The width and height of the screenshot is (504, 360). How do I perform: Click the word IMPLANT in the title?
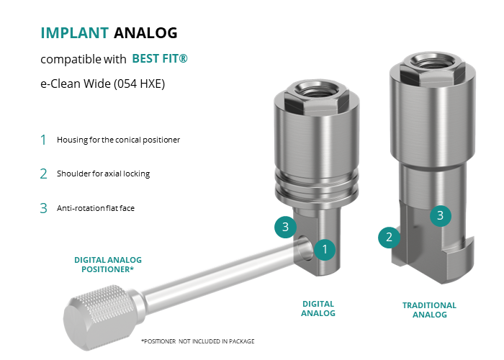tap(75, 33)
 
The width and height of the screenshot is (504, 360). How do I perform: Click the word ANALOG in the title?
tap(145, 33)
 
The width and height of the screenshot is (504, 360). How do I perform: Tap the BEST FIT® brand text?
tap(160, 58)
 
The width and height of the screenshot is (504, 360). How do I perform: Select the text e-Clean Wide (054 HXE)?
tap(102, 84)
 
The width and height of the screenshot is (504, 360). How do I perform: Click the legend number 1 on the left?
tap(43, 140)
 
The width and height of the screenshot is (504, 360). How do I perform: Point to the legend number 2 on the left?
tap(43, 174)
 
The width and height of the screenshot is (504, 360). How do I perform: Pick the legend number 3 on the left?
tap(43, 208)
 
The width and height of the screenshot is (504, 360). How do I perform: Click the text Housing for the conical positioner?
tap(118, 140)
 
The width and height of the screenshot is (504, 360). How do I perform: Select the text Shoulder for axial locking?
tap(103, 174)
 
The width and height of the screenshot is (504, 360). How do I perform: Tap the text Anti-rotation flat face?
tap(96, 208)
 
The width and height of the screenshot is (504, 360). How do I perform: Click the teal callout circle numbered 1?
tap(325, 249)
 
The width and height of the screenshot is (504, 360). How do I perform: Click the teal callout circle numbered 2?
tap(389, 237)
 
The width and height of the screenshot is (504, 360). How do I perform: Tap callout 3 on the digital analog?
tap(285, 227)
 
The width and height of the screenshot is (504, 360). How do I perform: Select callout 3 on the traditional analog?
tap(441, 215)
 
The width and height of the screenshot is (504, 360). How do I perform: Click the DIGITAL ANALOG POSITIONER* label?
tap(108, 264)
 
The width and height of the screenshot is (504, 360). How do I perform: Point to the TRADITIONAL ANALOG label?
tap(429, 310)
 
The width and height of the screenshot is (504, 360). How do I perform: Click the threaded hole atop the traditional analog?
tap(432, 61)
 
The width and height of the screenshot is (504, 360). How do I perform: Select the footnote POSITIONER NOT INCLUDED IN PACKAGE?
tap(198, 341)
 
